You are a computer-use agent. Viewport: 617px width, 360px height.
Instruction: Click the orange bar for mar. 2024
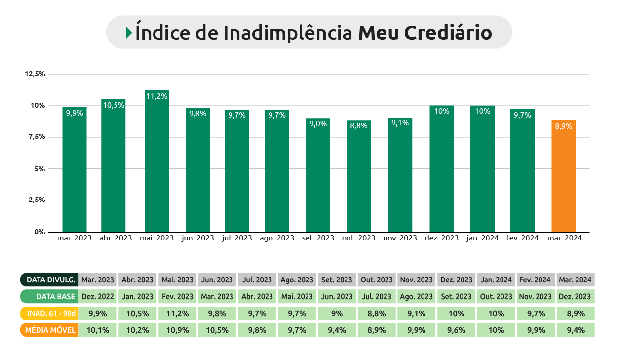click(564, 175)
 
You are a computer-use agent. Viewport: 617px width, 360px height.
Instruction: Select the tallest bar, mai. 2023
click(156, 161)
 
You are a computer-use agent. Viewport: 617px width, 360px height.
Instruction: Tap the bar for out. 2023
click(359, 176)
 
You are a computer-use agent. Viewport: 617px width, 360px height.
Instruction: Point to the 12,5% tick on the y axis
click(35, 74)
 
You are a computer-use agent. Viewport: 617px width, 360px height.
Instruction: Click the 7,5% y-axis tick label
click(35, 137)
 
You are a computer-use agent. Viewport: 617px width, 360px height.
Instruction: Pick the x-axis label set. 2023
click(318, 238)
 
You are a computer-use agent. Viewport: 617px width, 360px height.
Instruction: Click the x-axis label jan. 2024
click(482, 238)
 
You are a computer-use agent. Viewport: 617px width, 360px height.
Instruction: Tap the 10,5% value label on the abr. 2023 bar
click(114, 105)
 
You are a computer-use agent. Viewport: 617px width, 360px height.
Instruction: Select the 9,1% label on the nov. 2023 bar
click(400, 123)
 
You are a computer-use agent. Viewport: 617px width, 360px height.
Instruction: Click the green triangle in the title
click(129, 33)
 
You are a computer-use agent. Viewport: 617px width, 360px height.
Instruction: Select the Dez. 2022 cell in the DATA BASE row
click(98, 297)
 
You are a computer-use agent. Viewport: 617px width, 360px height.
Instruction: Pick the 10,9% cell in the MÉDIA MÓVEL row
click(178, 330)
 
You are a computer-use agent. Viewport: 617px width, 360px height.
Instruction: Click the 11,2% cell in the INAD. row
click(178, 314)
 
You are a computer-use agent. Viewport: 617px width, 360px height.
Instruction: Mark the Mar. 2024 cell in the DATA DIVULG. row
click(575, 280)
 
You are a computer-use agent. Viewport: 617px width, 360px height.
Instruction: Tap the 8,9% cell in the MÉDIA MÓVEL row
click(377, 330)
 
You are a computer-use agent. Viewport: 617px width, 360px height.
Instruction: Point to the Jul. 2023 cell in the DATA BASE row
click(377, 297)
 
